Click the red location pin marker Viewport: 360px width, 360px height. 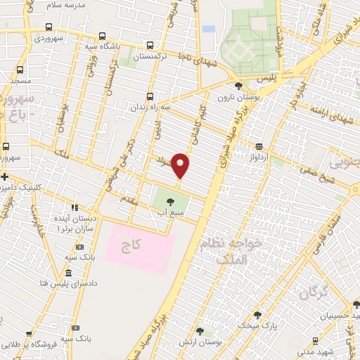click(181, 166)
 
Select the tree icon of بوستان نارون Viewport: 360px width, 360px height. click(239, 86)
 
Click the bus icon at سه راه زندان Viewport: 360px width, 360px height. click(149, 97)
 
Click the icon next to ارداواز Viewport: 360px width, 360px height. click(259, 146)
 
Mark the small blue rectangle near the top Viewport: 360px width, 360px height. click(208, 29)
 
